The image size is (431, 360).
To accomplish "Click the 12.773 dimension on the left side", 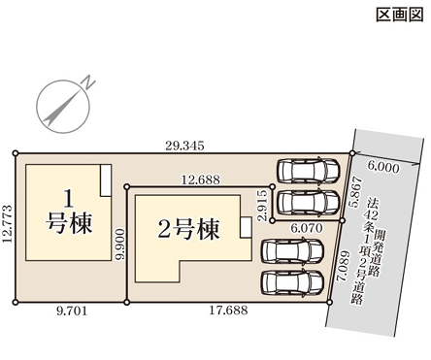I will coord(8,228).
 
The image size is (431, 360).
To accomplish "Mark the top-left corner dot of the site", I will coord(15,152).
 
